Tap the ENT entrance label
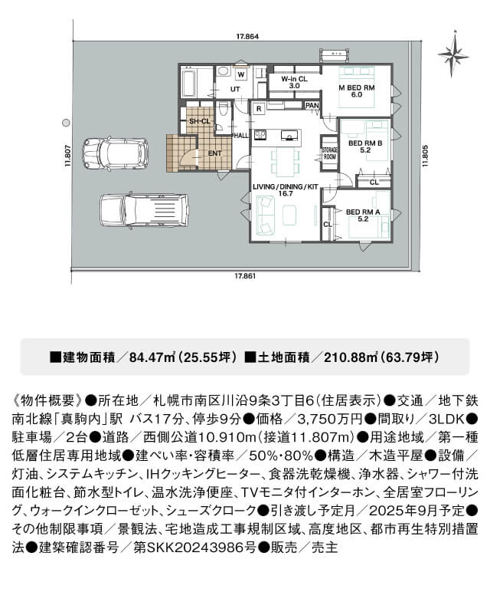tap(214, 153)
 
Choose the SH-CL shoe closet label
tap(199, 121)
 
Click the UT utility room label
tap(235, 89)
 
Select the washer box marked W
tap(241, 75)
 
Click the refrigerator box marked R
tap(259, 109)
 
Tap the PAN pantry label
tap(312, 105)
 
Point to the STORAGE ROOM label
tap(329, 153)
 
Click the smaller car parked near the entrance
tap(116, 153)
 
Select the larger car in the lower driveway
tap(144, 210)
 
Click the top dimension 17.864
tap(247, 37)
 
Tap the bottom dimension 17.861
tap(245, 275)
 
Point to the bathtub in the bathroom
tap(188, 82)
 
